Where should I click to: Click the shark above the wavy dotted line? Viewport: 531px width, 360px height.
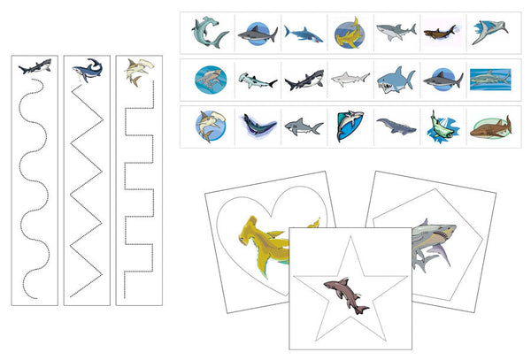click(x=36, y=66)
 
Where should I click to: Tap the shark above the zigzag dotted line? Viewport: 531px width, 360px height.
click(x=86, y=71)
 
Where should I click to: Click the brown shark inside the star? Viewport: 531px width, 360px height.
click(x=346, y=292)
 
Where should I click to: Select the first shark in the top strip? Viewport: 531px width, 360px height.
click(x=210, y=33)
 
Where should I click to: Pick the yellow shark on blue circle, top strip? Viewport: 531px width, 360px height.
click(x=348, y=34)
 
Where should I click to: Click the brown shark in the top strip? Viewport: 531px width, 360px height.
click(x=439, y=34)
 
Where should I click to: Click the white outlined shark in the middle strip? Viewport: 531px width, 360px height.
click(x=348, y=80)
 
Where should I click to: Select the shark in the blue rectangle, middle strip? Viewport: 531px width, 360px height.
click(x=487, y=80)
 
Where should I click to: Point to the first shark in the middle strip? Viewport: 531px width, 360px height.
click(x=210, y=80)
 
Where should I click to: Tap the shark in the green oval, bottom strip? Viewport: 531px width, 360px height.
click(x=439, y=125)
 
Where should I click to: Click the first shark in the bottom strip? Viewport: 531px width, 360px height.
click(x=210, y=126)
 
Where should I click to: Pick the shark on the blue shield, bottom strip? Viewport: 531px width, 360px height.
click(x=348, y=126)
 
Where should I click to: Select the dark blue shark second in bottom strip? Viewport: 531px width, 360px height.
click(x=256, y=126)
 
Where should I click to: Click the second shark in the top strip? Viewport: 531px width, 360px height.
click(x=257, y=34)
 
